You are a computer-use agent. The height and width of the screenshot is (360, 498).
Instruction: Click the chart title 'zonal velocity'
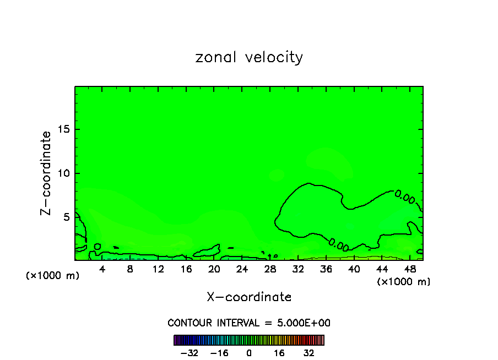(249, 57)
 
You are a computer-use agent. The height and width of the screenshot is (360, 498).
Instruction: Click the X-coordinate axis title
(249, 297)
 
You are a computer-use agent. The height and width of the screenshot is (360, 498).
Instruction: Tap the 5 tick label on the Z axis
(67, 217)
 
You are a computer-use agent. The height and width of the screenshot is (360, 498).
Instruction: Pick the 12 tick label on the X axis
(158, 269)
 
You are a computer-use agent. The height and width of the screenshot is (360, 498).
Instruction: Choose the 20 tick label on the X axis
(214, 269)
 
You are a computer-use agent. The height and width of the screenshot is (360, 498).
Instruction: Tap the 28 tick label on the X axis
(270, 269)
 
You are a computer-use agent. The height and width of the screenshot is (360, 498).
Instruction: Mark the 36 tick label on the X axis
(326, 269)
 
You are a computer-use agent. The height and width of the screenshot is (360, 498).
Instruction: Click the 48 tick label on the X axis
(409, 269)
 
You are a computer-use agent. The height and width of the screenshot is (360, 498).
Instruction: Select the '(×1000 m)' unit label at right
(404, 282)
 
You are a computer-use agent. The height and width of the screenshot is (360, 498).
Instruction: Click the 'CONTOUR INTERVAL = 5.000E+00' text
(249, 323)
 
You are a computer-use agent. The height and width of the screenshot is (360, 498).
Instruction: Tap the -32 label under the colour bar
(190, 353)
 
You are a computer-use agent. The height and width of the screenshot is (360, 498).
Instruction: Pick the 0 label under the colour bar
(249, 353)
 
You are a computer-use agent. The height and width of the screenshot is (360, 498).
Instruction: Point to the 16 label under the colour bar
(279, 353)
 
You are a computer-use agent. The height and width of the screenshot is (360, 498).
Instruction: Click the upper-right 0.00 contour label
(405, 197)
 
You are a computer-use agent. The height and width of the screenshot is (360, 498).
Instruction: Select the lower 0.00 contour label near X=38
(338, 244)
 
